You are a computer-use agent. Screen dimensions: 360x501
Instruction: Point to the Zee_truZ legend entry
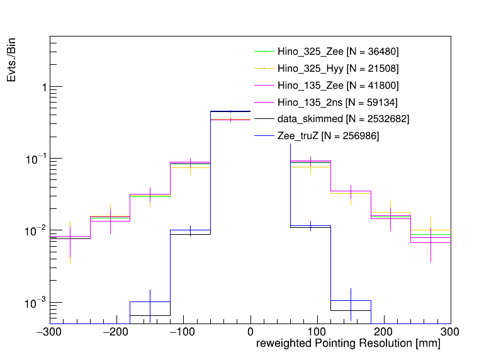pos(328,136)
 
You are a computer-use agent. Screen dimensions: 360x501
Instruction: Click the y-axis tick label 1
pos(43,87)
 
